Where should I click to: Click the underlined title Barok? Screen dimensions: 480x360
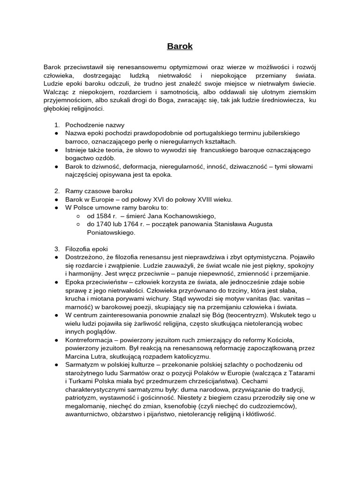(x=180, y=46)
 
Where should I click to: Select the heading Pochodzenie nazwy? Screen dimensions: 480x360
(x=95, y=125)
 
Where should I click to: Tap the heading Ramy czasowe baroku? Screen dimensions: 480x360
(x=99, y=191)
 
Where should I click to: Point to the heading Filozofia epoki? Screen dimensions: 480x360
(x=89, y=248)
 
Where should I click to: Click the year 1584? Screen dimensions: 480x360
(x=103, y=216)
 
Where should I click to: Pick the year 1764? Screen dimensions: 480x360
(x=140, y=224)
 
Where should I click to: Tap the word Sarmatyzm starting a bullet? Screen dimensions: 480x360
(x=81, y=365)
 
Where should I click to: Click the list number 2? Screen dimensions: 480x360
(x=56, y=191)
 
